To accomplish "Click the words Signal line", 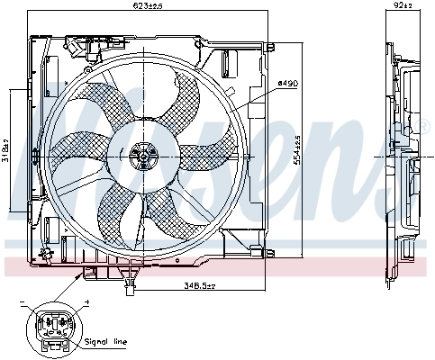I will point(107,342).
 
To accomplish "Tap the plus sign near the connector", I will point(87,302).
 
